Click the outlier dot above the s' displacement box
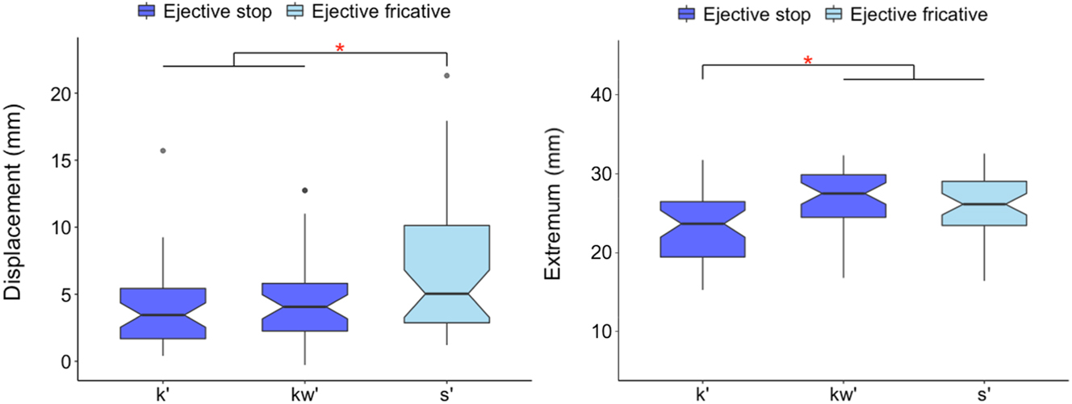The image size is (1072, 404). [x=447, y=76]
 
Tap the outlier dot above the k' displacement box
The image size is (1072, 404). [x=163, y=151]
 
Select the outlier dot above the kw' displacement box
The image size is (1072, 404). [x=305, y=190]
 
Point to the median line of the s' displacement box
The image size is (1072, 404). [x=447, y=294]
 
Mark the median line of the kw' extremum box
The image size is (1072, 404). [x=843, y=194]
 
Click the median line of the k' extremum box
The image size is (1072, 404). [x=702, y=223]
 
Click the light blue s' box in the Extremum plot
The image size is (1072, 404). [x=984, y=203]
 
